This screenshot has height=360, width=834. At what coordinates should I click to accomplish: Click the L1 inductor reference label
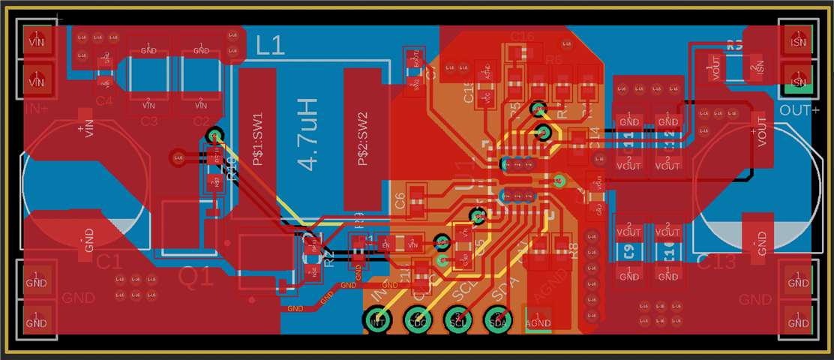(x=271, y=46)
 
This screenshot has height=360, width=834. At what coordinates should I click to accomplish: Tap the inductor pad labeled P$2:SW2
(x=363, y=139)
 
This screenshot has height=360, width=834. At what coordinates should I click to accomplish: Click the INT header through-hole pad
(x=377, y=320)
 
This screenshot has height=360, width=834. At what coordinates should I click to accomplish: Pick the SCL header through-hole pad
(x=458, y=320)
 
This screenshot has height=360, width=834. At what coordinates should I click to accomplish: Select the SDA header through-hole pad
(x=499, y=320)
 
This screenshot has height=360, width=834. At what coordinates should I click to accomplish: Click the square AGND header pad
(x=538, y=320)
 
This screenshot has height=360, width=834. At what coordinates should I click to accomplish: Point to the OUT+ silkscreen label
(x=799, y=110)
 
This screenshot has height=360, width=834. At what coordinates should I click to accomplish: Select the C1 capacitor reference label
(x=109, y=262)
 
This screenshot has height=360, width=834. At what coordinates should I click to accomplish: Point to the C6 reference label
(x=400, y=201)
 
